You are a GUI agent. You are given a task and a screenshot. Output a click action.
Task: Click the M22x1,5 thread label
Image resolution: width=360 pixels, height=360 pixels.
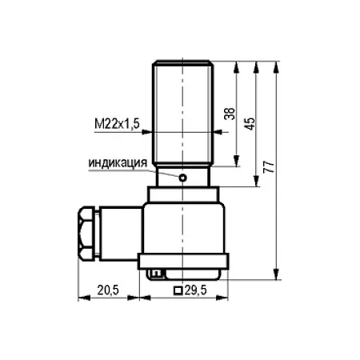pyautogui.click(x=117, y=124)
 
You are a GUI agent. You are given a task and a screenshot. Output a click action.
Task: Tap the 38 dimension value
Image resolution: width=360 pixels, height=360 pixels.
pyautogui.click(x=230, y=114)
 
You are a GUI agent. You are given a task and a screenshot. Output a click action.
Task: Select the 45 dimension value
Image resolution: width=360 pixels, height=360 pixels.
pyautogui.click(x=250, y=123)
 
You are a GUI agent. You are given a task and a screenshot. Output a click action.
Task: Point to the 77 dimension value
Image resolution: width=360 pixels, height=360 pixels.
pyautogui.click(x=269, y=167)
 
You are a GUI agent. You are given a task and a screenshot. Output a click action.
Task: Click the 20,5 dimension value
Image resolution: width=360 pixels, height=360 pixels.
pyautogui.click(x=108, y=290)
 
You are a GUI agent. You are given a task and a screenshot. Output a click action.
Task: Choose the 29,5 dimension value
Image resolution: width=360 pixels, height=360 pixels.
pyautogui.click(x=196, y=290)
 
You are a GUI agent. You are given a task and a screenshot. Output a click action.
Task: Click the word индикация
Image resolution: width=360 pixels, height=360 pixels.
pyautogui.click(x=118, y=162)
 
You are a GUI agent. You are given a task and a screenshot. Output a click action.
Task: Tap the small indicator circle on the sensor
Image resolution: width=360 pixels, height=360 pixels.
pyautogui.click(x=182, y=178)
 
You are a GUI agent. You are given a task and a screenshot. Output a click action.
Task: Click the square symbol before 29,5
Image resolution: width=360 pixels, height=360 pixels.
pyautogui.click(x=178, y=290)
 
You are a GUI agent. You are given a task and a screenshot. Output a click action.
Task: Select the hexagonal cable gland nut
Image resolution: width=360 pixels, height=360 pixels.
pyautogui.click(x=86, y=233)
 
